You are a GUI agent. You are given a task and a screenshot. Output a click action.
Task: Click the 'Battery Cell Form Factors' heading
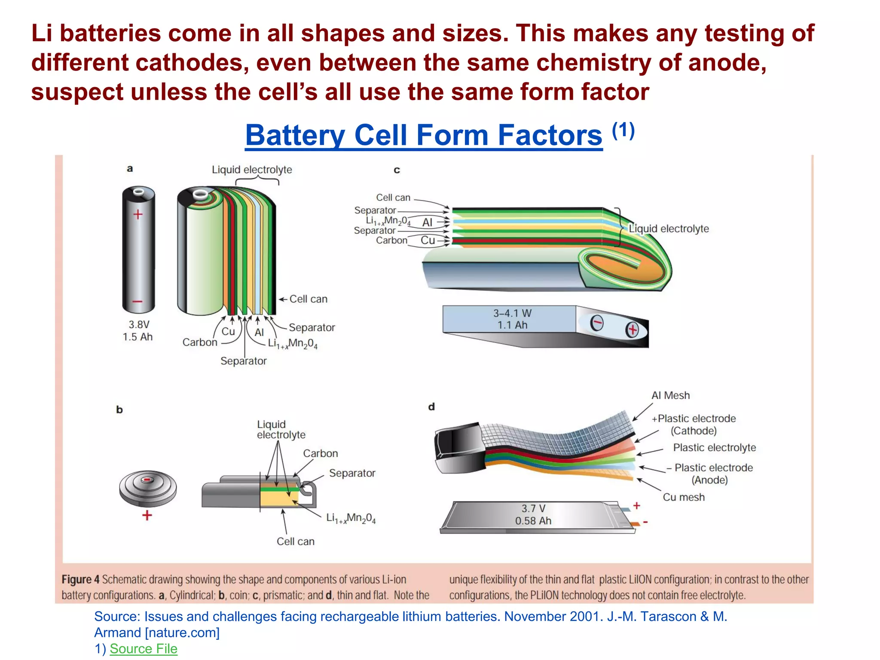(423, 135)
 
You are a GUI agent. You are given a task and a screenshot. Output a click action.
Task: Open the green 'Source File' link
(144, 648)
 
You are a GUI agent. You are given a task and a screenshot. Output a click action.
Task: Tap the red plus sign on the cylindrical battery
(138, 214)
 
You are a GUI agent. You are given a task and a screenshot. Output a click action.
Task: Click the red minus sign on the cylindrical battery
(137, 302)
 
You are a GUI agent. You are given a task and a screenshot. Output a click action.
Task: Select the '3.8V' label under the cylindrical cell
(139, 324)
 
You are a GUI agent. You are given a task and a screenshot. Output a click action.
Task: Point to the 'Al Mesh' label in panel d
(670, 395)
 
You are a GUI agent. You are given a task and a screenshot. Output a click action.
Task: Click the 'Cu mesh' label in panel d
(684, 497)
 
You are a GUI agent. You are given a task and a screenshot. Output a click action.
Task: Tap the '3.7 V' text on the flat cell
(533, 508)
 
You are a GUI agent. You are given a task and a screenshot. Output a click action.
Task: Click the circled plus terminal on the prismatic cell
(632, 330)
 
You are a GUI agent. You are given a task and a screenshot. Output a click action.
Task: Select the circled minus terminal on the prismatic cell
(596, 323)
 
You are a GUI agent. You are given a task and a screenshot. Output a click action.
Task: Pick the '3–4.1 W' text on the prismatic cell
(512, 313)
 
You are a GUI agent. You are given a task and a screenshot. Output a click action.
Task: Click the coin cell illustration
(148, 488)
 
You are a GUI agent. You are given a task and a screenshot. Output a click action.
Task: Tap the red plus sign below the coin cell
(147, 515)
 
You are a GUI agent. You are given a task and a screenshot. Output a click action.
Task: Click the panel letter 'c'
(397, 170)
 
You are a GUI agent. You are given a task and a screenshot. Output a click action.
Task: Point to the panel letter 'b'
(119, 409)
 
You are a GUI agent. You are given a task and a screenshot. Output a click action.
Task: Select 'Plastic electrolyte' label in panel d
(714, 447)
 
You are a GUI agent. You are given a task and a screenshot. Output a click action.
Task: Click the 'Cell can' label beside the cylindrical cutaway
(308, 299)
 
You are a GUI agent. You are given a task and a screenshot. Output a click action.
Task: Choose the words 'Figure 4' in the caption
(80, 579)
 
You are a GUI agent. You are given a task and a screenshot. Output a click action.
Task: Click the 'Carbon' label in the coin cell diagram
(321, 453)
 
